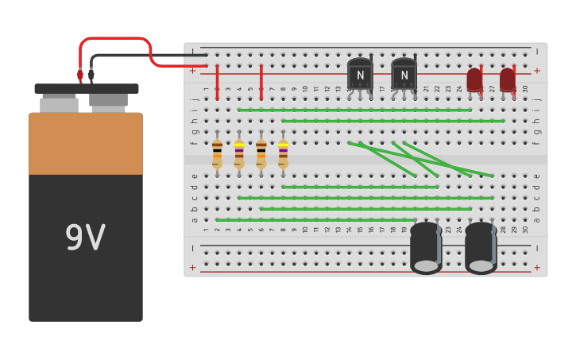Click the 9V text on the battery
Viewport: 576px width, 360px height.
pyautogui.click(x=85, y=238)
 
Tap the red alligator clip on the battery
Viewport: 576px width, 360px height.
pyautogui.click(x=80, y=75)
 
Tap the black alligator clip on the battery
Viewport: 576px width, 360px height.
pyautogui.click(x=91, y=75)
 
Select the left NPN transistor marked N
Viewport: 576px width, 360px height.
pyautogui.click(x=360, y=75)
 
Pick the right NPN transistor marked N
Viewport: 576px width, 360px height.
pyautogui.click(x=404, y=75)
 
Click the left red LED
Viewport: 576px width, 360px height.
pyautogui.click(x=474, y=79)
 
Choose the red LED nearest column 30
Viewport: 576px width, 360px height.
pyautogui.click(x=508, y=79)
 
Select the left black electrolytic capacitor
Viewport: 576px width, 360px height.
pyautogui.click(x=426, y=247)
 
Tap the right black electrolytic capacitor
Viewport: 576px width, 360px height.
pyautogui.click(x=481, y=247)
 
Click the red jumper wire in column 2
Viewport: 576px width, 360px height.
pyautogui.click(x=217, y=83)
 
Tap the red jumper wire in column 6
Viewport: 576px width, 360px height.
pyautogui.click(x=261, y=83)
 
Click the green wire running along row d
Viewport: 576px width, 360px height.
pyautogui.click(x=359, y=187)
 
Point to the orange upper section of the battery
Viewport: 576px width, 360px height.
pyautogui.click(x=86, y=144)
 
